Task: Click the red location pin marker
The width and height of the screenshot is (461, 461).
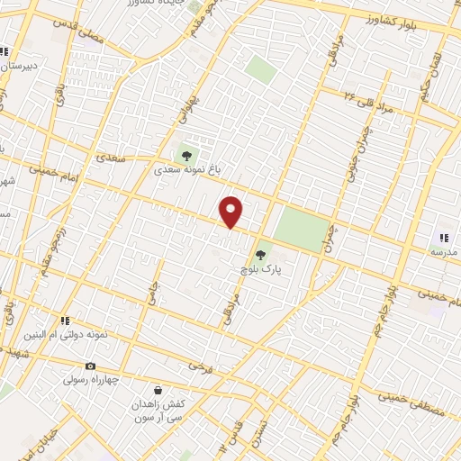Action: pos(231,212)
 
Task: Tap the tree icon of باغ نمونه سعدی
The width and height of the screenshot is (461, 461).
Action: pos(186,155)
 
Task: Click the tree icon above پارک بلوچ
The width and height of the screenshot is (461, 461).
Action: pos(261,255)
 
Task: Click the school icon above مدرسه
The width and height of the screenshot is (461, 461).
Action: pos(443,238)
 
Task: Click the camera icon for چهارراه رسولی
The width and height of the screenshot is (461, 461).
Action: pos(90,366)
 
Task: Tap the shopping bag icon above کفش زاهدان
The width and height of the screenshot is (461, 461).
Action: pos(158,391)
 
